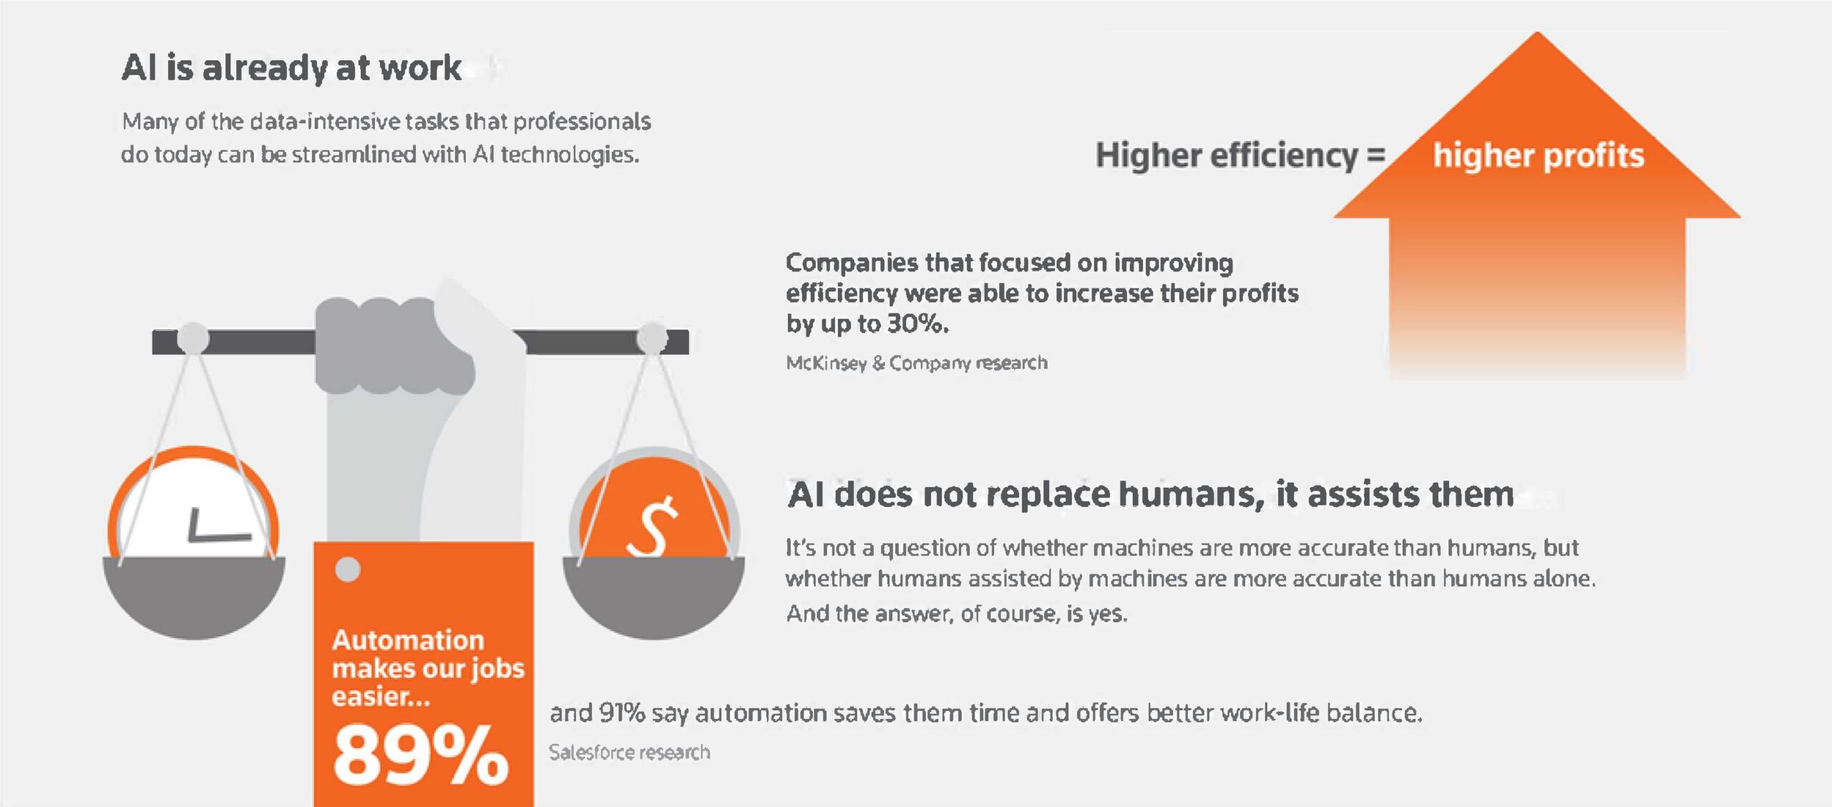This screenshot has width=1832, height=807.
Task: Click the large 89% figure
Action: pyautogui.click(x=421, y=755)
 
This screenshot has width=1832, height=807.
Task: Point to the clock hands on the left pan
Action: pyautogui.click(x=218, y=526)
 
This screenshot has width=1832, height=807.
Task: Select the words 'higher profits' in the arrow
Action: pyautogui.click(x=1539, y=155)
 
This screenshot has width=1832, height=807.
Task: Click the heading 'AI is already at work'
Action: pyautogui.click(x=291, y=68)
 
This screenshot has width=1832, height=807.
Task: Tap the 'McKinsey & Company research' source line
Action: pyautogui.click(x=917, y=363)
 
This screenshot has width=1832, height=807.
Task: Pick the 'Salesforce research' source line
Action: pyautogui.click(x=630, y=752)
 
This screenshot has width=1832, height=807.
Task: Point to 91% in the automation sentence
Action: pyautogui.click(x=622, y=713)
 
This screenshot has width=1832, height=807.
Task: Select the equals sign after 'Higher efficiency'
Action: pyautogui.click(x=1376, y=155)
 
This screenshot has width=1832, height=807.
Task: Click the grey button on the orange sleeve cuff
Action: pyautogui.click(x=348, y=570)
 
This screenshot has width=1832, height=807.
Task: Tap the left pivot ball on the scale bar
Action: pyautogui.click(x=193, y=338)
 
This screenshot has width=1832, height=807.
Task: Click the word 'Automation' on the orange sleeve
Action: pyautogui.click(x=408, y=639)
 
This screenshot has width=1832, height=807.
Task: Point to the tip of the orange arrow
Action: pyautogui.click(x=1537, y=32)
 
